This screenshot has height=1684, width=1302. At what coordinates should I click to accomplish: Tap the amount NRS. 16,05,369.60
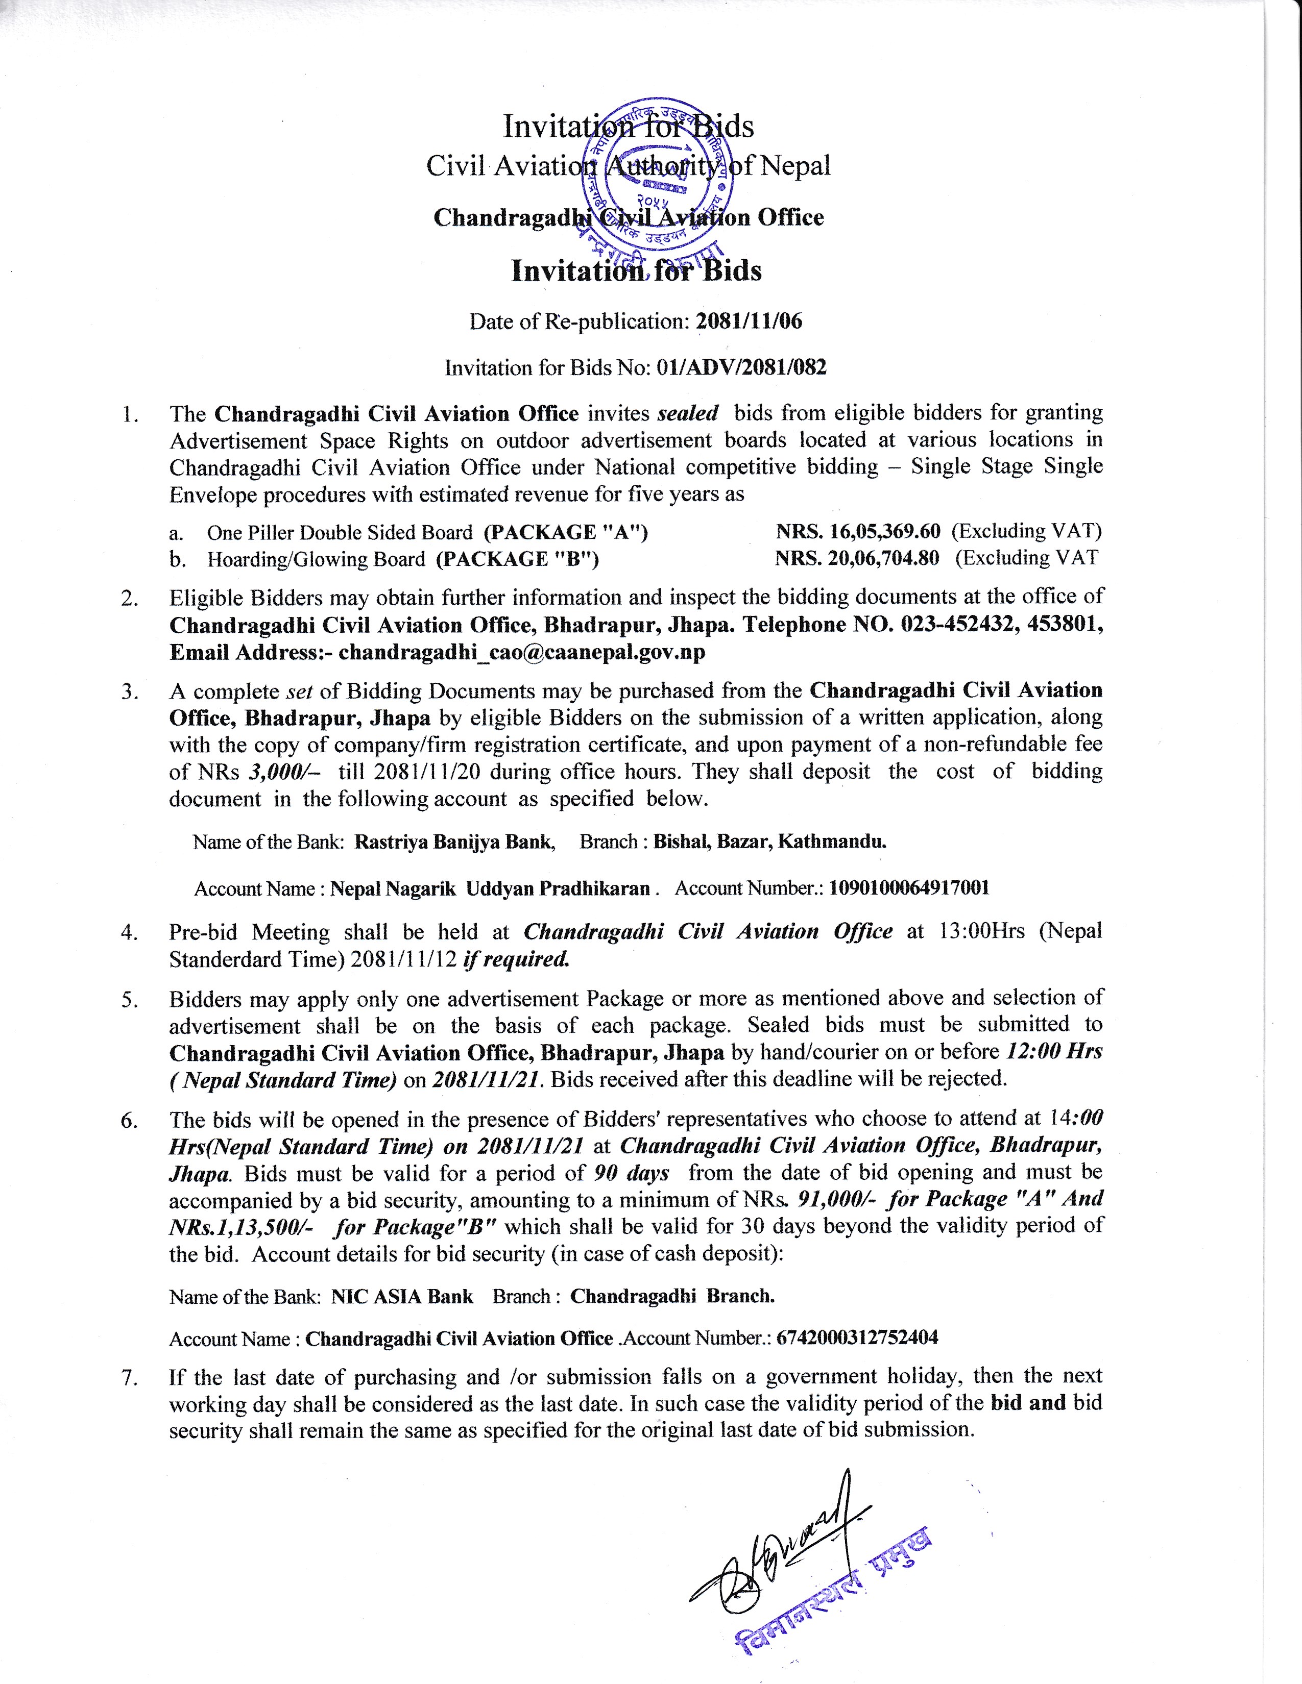858,531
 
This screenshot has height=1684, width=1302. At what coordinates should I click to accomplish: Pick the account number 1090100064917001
909,888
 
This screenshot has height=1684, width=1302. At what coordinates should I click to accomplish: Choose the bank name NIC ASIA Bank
402,1296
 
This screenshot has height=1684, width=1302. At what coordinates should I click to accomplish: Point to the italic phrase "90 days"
632,1173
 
